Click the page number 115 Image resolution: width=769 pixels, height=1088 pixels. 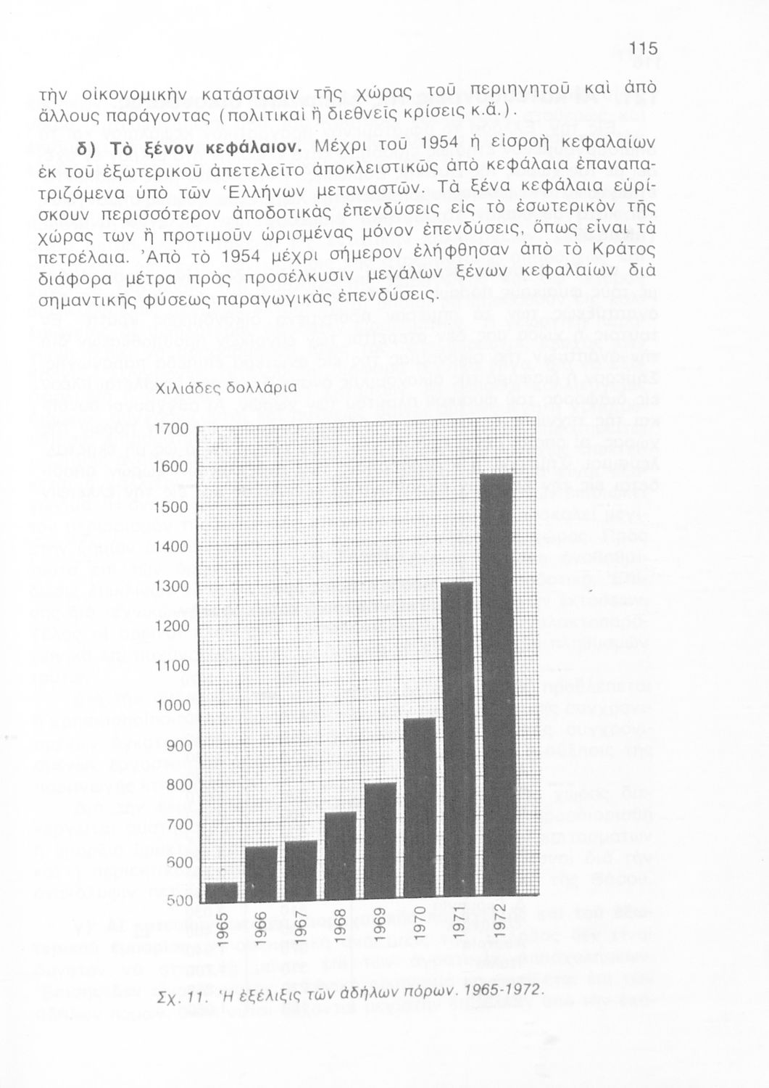[x=643, y=49]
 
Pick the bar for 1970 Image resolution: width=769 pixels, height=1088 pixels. [x=419, y=808]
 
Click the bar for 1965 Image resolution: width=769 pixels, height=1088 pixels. [x=222, y=891]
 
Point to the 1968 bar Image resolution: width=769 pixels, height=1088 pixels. [x=340, y=856]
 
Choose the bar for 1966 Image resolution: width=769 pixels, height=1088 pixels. [x=262, y=873]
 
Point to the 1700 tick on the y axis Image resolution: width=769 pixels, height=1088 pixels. [x=172, y=428]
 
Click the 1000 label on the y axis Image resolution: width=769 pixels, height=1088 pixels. [x=172, y=706]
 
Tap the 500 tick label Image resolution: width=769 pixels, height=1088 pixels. [x=177, y=902]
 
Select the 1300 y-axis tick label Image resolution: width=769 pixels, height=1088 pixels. [x=172, y=586]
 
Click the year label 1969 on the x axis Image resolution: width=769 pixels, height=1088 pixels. [x=379, y=924]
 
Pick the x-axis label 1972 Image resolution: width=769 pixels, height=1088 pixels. [x=498, y=924]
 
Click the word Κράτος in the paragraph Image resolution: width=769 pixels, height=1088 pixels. [x=627, y=250]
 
